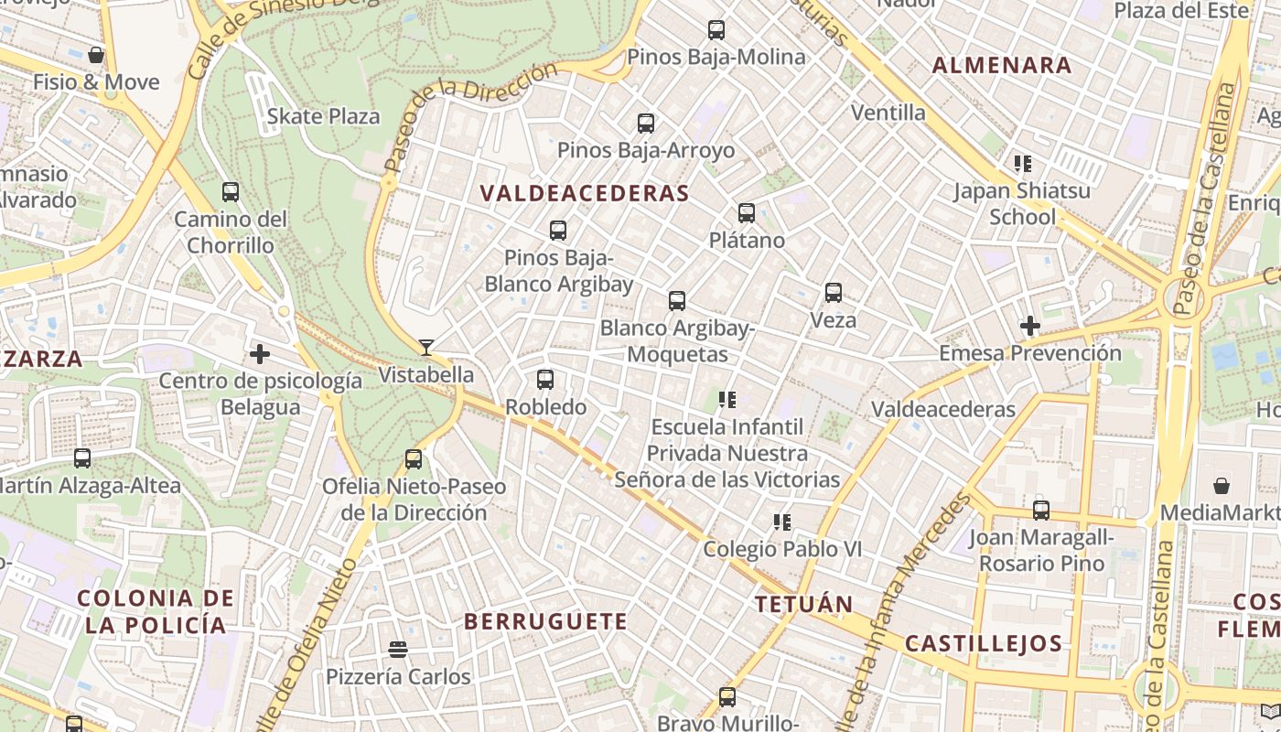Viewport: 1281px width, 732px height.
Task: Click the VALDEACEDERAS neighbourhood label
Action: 584,193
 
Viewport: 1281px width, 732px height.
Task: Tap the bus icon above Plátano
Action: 747,213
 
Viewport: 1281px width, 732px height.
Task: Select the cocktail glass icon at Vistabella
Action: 426,347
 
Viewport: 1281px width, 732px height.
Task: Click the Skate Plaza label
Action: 323,116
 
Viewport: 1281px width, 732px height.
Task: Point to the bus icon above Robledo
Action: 545,379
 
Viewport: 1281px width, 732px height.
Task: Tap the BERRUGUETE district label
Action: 545,621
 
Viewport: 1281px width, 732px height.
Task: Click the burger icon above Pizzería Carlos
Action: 398,650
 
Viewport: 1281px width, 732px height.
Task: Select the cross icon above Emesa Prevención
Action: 1030,325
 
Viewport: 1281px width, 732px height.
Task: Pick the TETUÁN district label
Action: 803,604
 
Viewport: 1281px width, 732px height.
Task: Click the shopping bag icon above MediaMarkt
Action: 1222,485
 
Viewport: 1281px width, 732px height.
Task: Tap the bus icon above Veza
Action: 834,293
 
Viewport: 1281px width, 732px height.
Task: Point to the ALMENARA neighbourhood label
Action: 1001,65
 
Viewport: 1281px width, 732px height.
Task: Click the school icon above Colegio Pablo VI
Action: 781,522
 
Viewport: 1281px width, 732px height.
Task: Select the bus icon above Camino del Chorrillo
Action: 231,192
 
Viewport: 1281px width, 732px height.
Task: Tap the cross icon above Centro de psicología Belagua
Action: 260,353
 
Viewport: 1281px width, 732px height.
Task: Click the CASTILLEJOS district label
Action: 984,643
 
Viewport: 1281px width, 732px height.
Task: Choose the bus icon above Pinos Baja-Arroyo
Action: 646,123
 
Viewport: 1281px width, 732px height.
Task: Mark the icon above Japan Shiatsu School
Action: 1022,164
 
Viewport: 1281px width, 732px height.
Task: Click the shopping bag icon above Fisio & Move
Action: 96,55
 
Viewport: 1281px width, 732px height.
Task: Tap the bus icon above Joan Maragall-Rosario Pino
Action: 1041,510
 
